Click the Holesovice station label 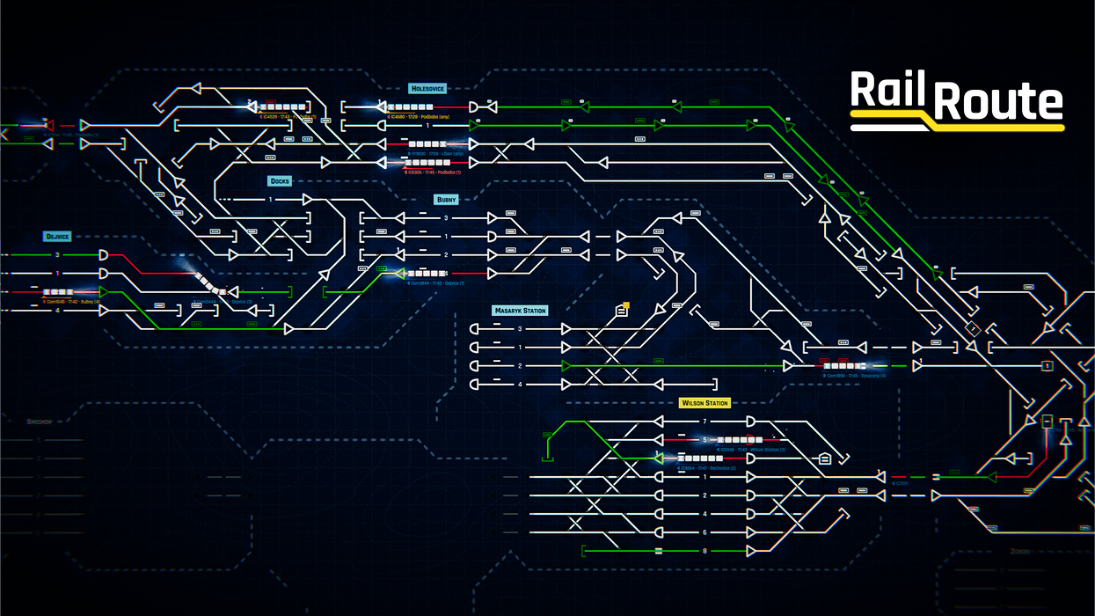[428, 89]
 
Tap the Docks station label [280, 181]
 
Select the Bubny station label [447, 200]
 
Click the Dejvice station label [57, 237]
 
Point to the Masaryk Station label [520, 311]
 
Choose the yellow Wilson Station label [704, 403]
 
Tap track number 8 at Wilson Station [704, 552]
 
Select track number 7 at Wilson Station [704, 422]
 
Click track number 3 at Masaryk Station [520, 329]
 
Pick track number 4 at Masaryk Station [520, 385]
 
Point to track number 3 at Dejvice [58, 255]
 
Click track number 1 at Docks [271, 200]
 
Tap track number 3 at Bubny [446, 218]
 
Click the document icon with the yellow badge [622, 310]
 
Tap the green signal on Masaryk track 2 [566, 366]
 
